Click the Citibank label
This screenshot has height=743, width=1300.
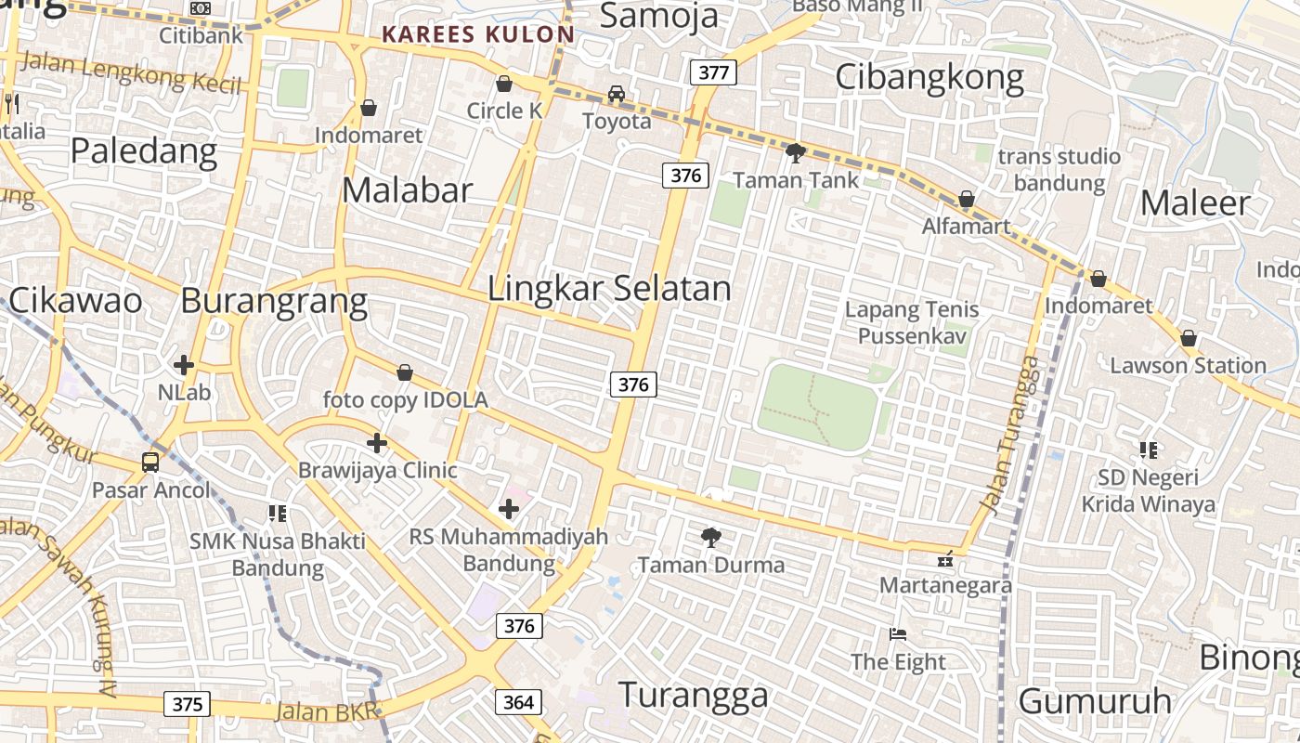(201, 35)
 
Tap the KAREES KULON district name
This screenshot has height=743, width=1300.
(478, 35)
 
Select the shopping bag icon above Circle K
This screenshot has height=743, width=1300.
(504, 84)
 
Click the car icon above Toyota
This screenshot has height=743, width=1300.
(617, 94)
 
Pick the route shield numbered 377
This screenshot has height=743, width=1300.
(713, 72)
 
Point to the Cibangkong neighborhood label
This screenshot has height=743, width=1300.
(929, 77)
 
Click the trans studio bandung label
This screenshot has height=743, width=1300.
(1059, 169)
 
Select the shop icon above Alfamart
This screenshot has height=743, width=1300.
(967, 199)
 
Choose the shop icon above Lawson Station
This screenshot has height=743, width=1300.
(1188, 338)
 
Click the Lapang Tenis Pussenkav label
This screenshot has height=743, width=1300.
(912, 322)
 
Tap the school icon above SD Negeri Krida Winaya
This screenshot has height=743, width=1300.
(1149, 450)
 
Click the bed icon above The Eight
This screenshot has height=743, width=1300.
(898, 634)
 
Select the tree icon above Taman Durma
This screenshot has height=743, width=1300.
(711, 537)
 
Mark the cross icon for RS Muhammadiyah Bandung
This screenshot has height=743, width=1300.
(509, 508)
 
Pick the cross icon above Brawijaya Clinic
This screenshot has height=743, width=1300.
(377, 443)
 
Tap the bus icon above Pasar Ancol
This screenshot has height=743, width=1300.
(150, 462)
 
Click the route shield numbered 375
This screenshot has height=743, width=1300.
(188, 704)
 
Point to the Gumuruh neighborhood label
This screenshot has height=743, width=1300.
(1095, 701)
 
